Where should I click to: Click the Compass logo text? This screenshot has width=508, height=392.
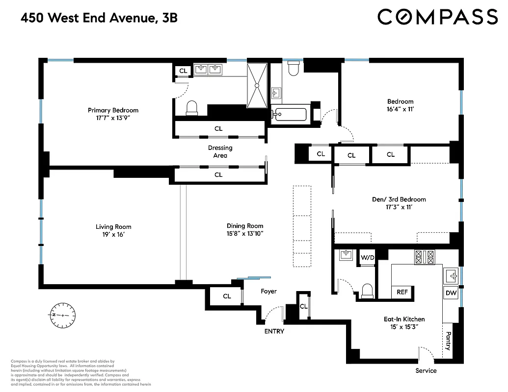click(437, 17)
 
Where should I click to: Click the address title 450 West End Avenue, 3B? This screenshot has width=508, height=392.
click(99, 18)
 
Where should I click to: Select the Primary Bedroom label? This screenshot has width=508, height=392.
click(113, 110)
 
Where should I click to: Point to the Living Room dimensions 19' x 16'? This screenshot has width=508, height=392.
click(113, 235)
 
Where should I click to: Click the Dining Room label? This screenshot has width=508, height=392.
click(245, 226)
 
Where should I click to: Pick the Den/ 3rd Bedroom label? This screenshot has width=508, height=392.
click(399, 199)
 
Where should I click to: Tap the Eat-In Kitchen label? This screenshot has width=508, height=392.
click(404, 319)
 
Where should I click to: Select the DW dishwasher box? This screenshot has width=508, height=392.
click(451, 294)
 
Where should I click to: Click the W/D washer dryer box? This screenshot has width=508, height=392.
click(368, 257)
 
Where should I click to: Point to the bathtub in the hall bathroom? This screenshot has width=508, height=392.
click(290, 115)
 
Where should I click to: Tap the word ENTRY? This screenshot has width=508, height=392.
click(274, 331)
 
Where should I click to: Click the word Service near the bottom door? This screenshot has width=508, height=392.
click(426, 370)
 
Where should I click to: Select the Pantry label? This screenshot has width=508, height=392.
click(448, 341)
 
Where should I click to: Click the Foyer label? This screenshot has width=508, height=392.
click(268, 291)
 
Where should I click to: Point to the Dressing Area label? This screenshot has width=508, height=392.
click(220, 151)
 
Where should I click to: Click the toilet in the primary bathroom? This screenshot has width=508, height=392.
click(191, 107)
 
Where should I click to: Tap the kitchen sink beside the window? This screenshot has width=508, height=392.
click(450, 274)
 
